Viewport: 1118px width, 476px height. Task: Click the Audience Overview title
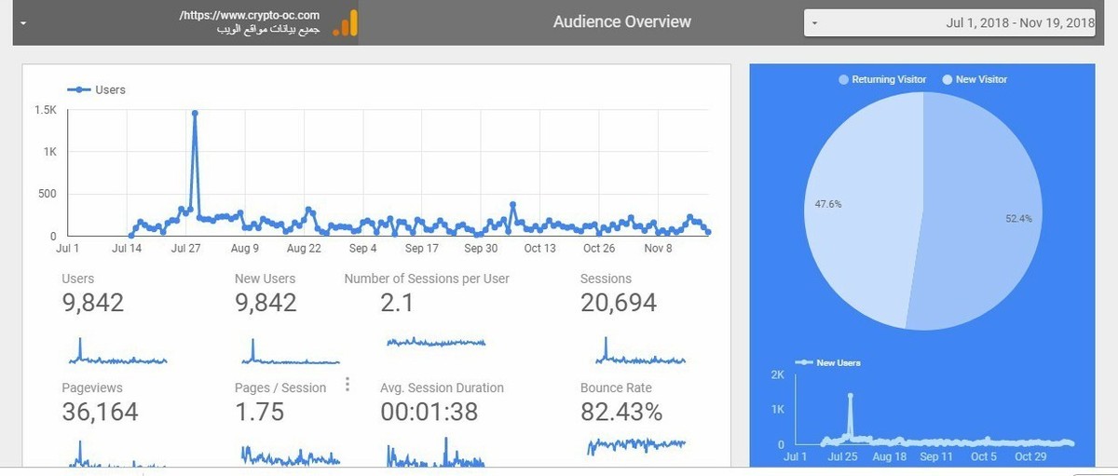click(x=621, y=21)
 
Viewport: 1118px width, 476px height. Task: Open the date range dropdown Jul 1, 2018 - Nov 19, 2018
click(x=949, y=22)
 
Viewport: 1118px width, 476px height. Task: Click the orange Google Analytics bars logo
click(x=346, y=22)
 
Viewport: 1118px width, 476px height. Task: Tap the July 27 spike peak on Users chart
click(x=195, y=114)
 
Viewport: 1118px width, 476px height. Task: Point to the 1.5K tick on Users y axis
click(x=46, y=110)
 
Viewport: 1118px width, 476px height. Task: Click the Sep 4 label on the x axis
click(x=362, y=249)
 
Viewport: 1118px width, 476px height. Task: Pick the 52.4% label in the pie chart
click(x=1018, y=219)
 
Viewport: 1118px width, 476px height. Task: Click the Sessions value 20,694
click(x=618, y=303)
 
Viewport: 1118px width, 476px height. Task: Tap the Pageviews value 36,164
click(x=100, y=412)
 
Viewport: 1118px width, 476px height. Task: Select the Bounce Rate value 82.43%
click(x=620, y=412)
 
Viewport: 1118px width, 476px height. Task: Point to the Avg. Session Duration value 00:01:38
click(x=429, y=412)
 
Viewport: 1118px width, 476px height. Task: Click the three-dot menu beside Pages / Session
click(x=348, y=384)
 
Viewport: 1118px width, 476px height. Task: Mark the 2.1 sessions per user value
click(x=397, y=303)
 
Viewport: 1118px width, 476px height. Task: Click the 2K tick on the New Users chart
click(x=777, y=374)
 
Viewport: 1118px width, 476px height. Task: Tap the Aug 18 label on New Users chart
click(x=889, y=457)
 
